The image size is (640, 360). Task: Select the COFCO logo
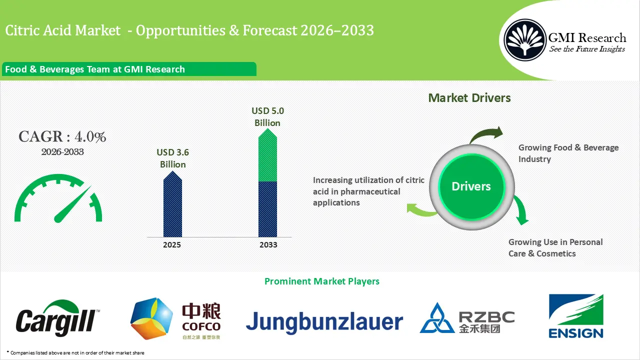coord(175,319)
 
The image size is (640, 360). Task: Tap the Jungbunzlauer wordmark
coord(324,322)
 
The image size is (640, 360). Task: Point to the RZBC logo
coord(466,318)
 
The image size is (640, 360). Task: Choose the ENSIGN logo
coord(576,316)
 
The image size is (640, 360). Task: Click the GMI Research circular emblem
coord(524,40)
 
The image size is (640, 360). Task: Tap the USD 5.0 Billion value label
coord(267,116)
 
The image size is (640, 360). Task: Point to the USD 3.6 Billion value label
coord(172,158)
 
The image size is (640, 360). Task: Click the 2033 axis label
coord(268,245)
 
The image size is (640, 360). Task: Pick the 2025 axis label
coord(172,245)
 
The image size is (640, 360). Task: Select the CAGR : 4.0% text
coord(62,136)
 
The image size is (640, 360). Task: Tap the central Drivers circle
coord(471,186)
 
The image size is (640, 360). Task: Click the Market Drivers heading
coord(469,97)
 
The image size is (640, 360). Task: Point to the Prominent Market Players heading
coord(321,281)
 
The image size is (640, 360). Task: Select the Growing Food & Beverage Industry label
coord(568,153)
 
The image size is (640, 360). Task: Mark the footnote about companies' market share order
coord(75,353)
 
